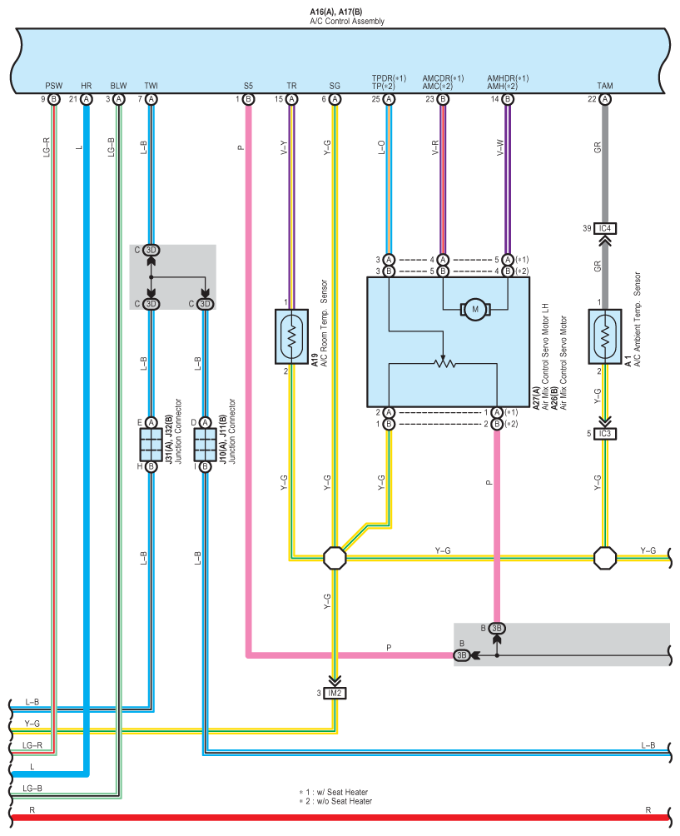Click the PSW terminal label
[x=54, y=86]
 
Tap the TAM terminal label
[x=605, y=86]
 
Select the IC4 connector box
[x=605, y=228]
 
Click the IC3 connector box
[x=605, y=434]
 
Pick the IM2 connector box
[x=335, y=693]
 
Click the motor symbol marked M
[x=475, y=310]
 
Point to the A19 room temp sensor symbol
[x=291, y=336]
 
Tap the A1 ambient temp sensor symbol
[x=605, y=336]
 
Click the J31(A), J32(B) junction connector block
[x=151, y=445]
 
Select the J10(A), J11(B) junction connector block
[x=206, y=445]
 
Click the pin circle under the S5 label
[x=248, y=99]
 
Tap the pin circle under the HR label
[x=87, y=99]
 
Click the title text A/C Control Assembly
[x=347, y=22]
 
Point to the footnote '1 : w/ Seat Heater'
[x=334, y=792]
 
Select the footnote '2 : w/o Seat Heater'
[x=335, y=801]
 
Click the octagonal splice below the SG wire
[x=335, y=558]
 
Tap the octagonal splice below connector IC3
[x=605, y=558]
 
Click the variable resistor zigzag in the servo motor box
[x=444, y=364]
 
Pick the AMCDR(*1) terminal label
[x=443, y=78]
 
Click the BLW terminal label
[x=119, y=86]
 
